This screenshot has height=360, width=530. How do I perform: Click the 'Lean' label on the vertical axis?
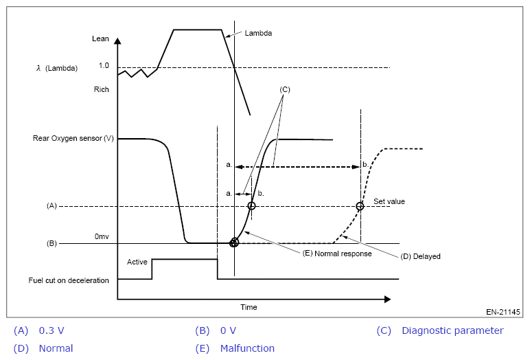point(100,39)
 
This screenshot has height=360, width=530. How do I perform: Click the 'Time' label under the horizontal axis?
point(249,307)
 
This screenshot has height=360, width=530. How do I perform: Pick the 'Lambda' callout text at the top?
point(258,32)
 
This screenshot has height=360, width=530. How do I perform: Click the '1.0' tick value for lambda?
point(104,66)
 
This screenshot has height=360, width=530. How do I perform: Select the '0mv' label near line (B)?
point(102,236)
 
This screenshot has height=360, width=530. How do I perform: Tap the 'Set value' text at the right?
point(389,201)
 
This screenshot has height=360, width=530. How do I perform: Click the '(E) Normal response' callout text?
point(337,254)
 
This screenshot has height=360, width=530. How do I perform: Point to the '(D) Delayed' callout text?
point(420,256)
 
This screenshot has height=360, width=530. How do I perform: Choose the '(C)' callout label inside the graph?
point(286,90)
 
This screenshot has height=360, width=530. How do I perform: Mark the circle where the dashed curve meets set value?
point(360,206)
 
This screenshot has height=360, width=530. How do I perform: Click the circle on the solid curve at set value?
point(251,206)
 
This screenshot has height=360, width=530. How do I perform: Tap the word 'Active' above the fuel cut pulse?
point(138,262)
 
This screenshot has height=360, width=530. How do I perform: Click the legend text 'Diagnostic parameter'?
point(452,330)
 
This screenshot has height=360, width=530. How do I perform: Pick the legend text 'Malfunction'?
point(247,348)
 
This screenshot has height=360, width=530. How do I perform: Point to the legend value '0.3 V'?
point(51,330)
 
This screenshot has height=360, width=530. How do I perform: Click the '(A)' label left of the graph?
point(51,206)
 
